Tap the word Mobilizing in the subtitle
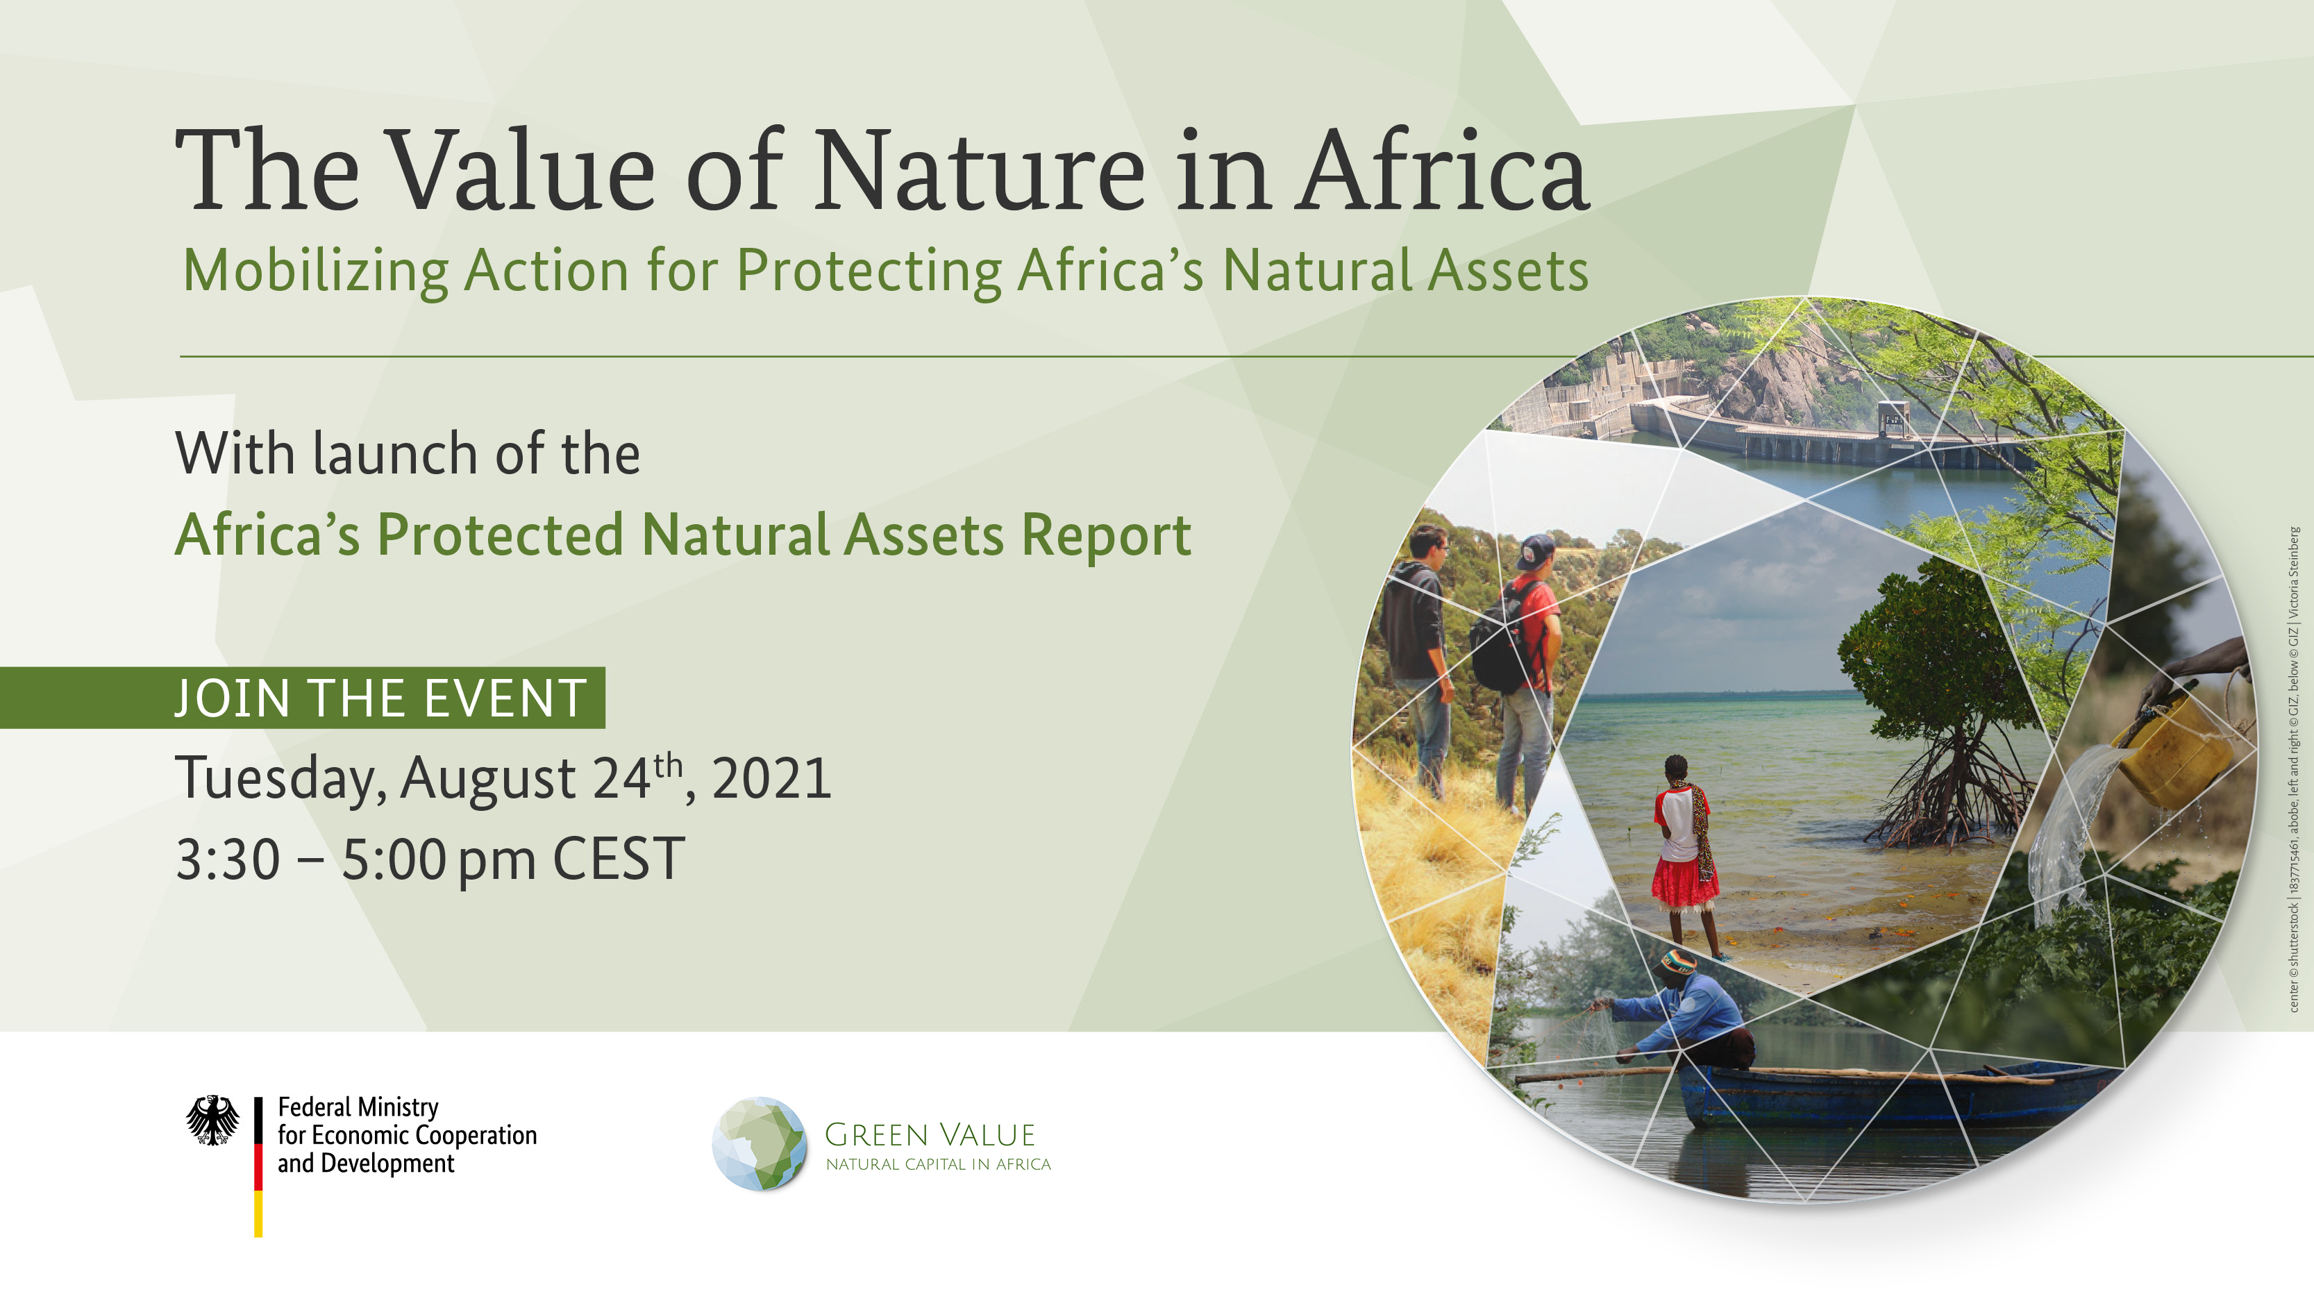coord(315,271)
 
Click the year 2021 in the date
coord(771,778)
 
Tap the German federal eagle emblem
coord(213,1120)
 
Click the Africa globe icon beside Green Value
coord(759,1143)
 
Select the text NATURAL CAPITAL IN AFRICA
coord(938,1164)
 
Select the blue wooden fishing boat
coord(1895,1094)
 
